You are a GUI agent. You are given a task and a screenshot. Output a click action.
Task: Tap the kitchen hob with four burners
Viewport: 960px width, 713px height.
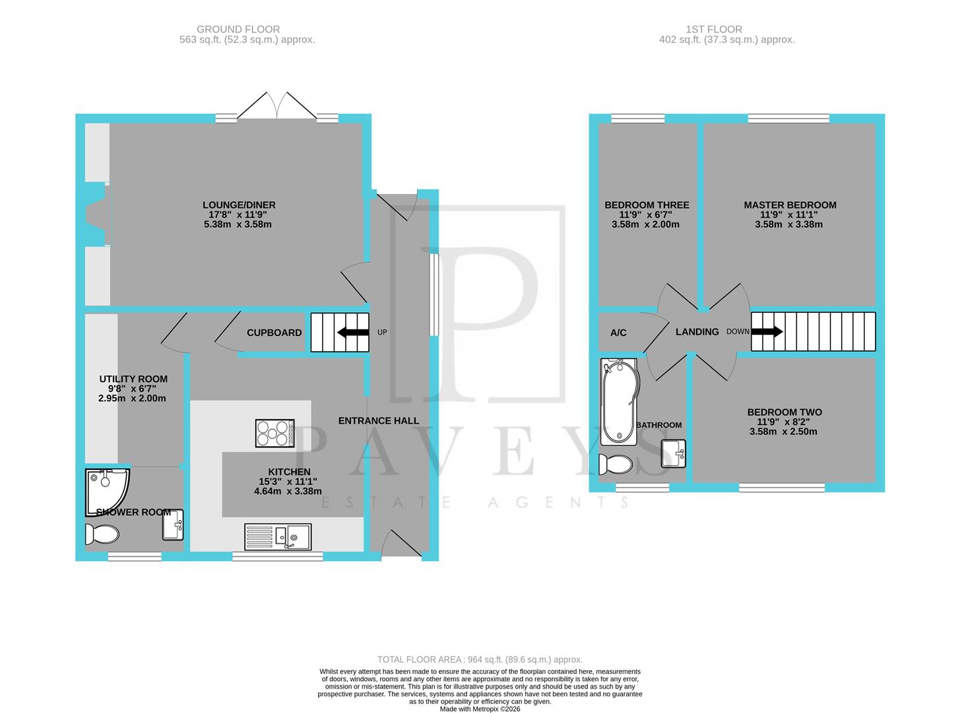(x=274, y=433)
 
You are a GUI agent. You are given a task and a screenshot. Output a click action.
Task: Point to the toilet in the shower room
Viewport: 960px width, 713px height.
(x=102, y=533)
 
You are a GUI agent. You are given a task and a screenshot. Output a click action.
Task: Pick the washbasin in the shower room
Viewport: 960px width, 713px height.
(x=172, y=525)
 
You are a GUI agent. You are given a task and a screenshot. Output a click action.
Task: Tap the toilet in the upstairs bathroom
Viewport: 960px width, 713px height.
(x=616, y=464)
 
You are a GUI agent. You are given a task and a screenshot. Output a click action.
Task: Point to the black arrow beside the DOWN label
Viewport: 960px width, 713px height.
(x=767, y=331)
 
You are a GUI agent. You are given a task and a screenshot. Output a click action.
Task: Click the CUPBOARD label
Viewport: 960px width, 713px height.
(x=274, y=333)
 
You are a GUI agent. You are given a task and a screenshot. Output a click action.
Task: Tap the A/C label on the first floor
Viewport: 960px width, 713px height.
(x=618, y=333)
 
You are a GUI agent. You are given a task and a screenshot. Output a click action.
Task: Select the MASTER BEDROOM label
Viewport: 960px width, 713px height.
(x=790, y=205)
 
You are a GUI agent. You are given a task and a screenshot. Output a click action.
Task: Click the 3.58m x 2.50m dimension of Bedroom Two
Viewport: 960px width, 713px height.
(x=783, y=432)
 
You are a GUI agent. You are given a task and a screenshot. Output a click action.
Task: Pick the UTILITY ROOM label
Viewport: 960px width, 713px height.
(x=133, y=379)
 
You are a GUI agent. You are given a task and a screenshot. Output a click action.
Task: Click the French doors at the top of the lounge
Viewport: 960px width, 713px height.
(x=277, y=106)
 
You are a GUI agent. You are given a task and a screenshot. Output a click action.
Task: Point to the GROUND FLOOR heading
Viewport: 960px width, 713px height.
(x=238, y=29)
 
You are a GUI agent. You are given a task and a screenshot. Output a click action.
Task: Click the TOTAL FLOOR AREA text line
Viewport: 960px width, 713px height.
(x=480, y=660)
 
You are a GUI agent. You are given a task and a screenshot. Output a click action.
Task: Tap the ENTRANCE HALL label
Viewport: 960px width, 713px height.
(x=379, y=421)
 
